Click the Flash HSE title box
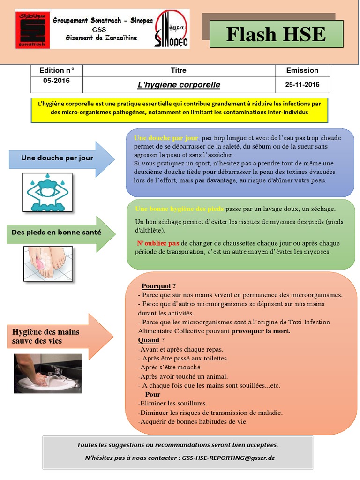[x=276, y=34]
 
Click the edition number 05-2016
[x=56, y=81]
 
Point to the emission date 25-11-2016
[x=302, y=85]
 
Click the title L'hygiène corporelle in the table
[x=179, y=85]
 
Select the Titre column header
[x=179, y=70]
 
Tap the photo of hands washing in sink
[x=48, y=374]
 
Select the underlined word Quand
[x=149, y=340]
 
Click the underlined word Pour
[x=152, y=394]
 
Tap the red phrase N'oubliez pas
[x=158, y=243]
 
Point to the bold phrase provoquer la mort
[x=261, y=331]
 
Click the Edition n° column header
[x=56, y=70]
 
